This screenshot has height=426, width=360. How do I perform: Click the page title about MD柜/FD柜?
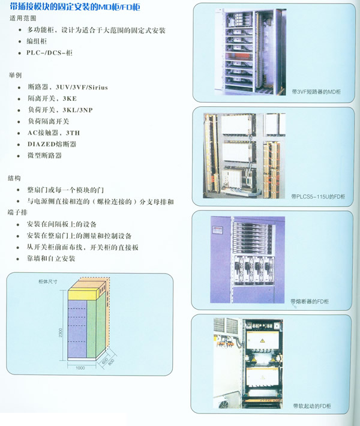coord(75,7)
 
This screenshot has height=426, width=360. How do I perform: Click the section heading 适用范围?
coord(23,18)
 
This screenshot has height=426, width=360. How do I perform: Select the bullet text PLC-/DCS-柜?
coord(49,52)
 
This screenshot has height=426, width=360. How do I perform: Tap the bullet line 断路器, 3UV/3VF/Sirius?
coord(68,87)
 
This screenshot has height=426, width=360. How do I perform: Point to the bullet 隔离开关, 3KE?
coord(52,98)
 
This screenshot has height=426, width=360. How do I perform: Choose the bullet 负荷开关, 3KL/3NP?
coord(61,110)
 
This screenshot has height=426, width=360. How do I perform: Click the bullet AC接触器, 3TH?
coord(54,133)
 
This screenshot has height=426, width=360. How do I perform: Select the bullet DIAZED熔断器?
coord(52,144)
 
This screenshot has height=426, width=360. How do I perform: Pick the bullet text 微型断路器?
coord(45,155)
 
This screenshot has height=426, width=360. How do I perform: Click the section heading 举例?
coord(15,75)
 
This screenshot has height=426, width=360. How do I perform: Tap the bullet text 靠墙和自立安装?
coord(51,259)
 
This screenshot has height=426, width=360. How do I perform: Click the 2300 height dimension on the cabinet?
coord(61,332)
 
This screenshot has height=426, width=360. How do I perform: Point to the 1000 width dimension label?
coord(80,368)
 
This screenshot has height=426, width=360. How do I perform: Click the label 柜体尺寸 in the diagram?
coord(48,282)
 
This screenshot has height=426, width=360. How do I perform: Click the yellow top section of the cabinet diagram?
coord(82,295)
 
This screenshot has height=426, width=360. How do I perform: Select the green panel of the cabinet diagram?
coord(92,329)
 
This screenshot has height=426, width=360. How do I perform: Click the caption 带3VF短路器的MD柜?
coord(316,92)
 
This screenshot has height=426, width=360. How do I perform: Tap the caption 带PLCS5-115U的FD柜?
coord(318,196)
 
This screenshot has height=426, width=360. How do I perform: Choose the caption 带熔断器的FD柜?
coord(310,301)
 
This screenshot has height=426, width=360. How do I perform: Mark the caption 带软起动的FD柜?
coord(312,406)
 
